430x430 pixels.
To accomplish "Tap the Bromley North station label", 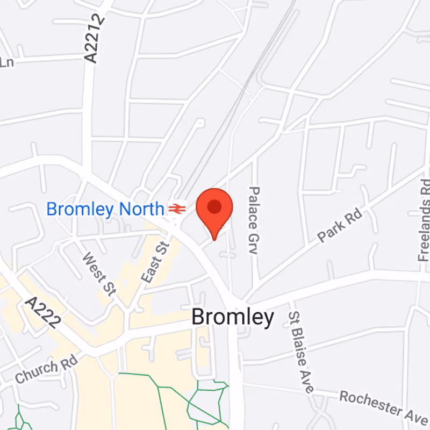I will point(105,209).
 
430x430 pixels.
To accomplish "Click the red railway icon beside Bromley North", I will point(177,208).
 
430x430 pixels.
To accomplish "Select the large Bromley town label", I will point(233,318).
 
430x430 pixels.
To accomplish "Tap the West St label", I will point(99,274).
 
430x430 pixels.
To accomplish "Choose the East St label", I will point(155,262).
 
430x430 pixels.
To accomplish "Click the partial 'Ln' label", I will point(6,62).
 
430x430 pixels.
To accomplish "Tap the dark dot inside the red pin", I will point(214,206).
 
